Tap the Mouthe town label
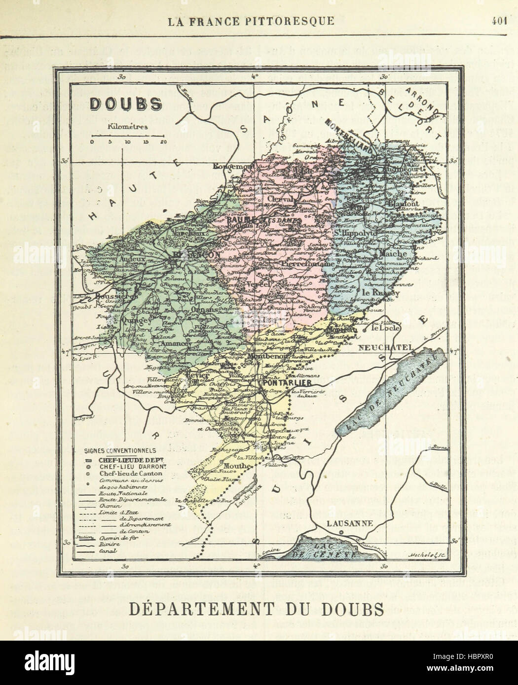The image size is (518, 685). [233, 465]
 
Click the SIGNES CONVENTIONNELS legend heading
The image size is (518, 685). [120, 450]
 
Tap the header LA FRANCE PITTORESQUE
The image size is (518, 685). [252, 21]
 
